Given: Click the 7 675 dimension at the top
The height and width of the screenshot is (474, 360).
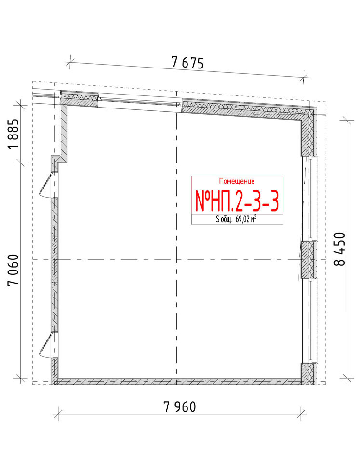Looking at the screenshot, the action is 187,63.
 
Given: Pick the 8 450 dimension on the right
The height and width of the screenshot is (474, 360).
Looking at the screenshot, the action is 340,249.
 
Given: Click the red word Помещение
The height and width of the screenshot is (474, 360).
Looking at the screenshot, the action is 237,181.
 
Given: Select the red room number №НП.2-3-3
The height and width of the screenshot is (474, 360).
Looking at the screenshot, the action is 237,201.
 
